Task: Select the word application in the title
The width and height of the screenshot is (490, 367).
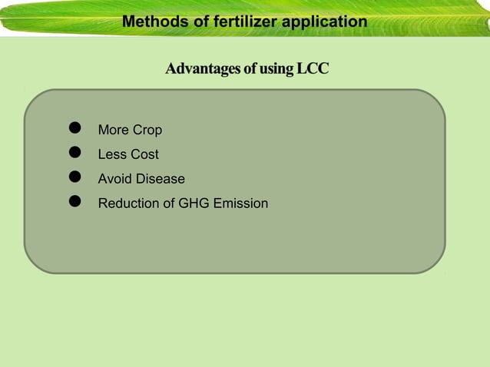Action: tap(324, 21)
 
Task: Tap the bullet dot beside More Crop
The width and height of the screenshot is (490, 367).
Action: tap(75, 128)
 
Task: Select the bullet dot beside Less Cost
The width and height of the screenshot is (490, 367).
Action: tap(75, 153)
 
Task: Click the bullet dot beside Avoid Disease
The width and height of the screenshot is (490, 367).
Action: tap(75, 177)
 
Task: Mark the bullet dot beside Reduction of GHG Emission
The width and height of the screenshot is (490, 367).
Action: tap(75, 202)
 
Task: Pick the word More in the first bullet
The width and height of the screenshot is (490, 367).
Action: tap(114, 131)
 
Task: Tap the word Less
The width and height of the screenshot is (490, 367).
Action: tap(112, 155)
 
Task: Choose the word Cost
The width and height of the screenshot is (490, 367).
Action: tap(144, 155)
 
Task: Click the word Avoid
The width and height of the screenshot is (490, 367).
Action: tap(114, 180)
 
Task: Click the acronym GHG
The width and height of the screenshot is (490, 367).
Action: tap(193, 204)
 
